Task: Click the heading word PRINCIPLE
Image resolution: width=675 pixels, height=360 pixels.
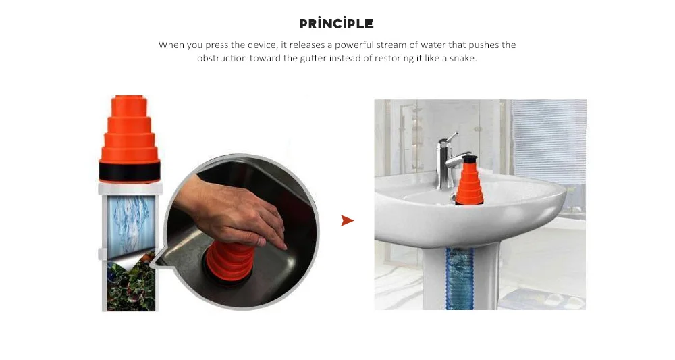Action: pyautogui.click(x=336, y=23)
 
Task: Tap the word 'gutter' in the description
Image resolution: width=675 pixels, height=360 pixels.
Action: pyautogui.click(x=313, y=59)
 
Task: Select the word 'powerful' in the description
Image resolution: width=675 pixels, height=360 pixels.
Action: pyautogui.click(x=354, y=45)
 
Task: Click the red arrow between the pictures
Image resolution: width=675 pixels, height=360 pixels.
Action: pyautogui.click(x=347, y=220)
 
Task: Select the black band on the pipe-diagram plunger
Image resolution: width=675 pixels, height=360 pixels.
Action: pyautogui.click(x=130, y=172)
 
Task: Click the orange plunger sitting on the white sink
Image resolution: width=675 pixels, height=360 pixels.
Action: pyautogui.click(x=469, y=181)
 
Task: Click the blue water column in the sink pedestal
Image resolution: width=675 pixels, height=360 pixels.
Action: pyautogui.click(x=459, y=278)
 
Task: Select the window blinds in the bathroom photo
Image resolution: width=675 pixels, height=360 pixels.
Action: pyautogui.click(x=549, y=141)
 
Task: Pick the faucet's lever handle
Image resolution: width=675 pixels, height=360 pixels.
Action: pyautogui.click(x=450, y=138)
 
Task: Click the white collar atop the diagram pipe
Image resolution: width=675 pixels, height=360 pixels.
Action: pyautogui.click(x=130, y=188)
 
